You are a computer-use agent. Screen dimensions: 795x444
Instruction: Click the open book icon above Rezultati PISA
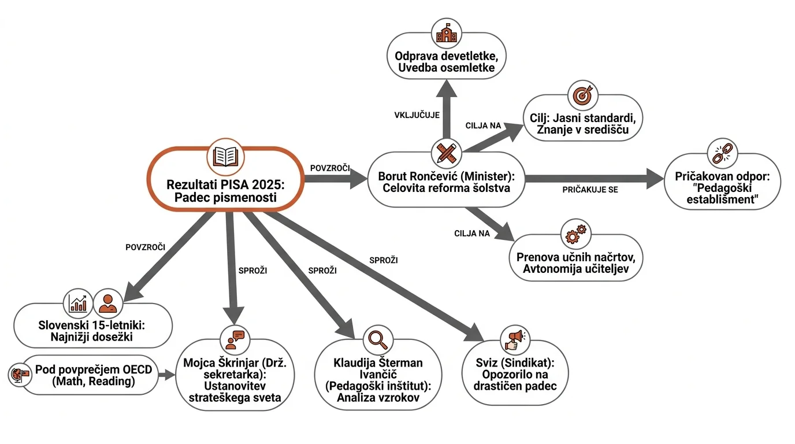[225, 157]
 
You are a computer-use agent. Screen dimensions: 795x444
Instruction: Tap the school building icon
[447, 34]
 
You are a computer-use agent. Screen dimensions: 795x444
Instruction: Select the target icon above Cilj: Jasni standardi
[582, 95]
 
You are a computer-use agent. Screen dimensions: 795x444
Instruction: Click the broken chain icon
[722, 153]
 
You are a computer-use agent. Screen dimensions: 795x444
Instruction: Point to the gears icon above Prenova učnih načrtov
[575, 234]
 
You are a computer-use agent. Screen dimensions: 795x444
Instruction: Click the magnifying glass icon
[378, 339]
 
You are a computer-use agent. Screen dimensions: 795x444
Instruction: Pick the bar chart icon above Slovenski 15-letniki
[78, 304]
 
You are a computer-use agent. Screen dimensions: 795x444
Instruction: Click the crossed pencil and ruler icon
[446, 153]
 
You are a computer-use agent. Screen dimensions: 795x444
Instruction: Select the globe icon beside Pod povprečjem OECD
[20, 375]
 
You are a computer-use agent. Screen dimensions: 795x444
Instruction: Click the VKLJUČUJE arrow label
[417, 115]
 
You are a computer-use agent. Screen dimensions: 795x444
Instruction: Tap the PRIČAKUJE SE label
[590, 190]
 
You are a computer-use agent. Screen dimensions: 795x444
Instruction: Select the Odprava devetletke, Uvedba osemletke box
[446, 55]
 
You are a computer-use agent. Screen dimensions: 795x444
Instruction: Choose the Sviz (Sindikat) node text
[515, 375]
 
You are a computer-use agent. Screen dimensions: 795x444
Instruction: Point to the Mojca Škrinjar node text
[235, 380]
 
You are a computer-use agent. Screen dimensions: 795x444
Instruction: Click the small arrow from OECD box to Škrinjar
[166, 375]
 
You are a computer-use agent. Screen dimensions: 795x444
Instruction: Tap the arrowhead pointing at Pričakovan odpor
[655, 179]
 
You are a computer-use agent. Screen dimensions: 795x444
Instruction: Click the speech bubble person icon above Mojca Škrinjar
[235, 340]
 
